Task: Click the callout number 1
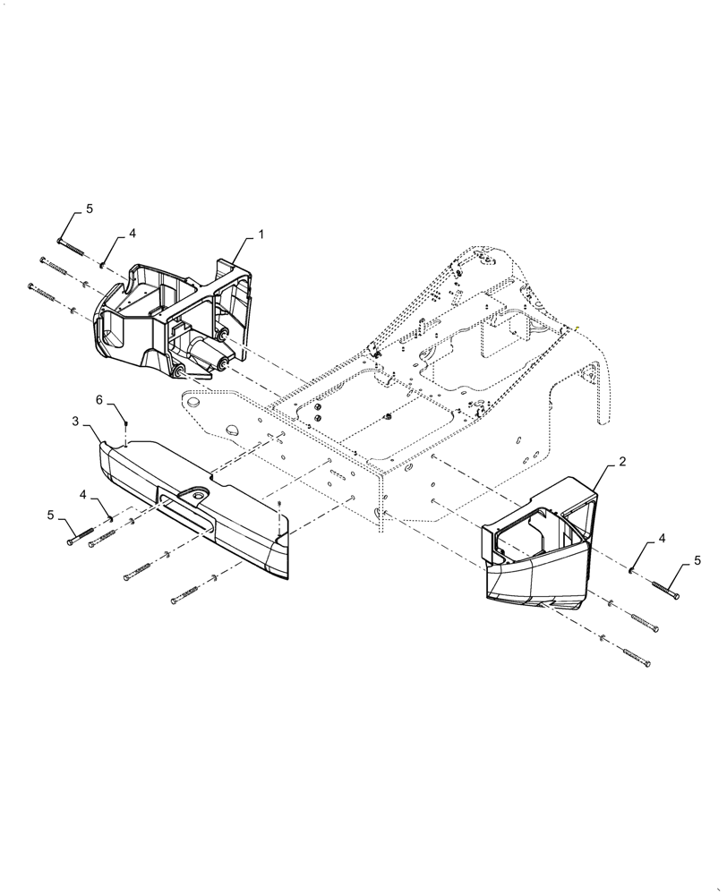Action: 261,234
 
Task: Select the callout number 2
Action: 621,463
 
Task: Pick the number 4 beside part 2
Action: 663,539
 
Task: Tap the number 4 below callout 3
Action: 83,494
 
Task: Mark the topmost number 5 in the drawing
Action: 89,209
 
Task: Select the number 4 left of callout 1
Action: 132,233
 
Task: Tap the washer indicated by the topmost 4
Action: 104,265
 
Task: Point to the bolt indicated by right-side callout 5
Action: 664,589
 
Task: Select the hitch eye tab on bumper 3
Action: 193,496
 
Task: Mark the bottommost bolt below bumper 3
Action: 188,593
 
